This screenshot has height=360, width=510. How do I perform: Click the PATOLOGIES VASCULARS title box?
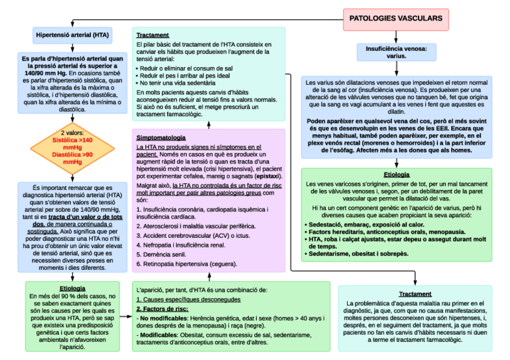(396, 18)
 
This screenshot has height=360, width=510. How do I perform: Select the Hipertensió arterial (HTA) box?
(72, 35)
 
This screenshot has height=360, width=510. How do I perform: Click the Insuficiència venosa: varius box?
(396, 52)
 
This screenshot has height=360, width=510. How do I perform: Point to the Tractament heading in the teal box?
(152, 35)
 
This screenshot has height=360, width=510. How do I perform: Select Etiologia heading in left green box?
(72, 288)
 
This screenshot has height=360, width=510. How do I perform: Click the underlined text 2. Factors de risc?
(162, 308)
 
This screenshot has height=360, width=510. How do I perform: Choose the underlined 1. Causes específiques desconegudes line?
(188, 299)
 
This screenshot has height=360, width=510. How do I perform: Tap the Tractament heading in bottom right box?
(414, 293)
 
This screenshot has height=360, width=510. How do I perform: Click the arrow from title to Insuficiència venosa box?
(396, 37)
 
